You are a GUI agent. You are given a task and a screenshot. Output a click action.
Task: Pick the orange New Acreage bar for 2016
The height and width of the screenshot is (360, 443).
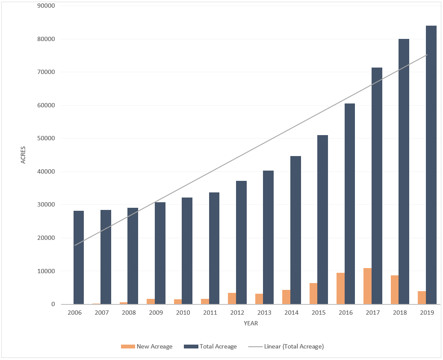(340, 289)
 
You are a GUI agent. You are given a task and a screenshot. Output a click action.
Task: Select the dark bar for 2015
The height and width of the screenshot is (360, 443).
(322, 220)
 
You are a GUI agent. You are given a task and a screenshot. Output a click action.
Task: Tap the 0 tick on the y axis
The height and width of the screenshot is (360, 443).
(53, 304)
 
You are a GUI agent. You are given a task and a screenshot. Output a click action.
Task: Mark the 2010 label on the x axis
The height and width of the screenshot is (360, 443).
(183, 313)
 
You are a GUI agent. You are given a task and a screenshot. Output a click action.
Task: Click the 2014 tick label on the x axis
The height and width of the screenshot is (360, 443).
(291, 313)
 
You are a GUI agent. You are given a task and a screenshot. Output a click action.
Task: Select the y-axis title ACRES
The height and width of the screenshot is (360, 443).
(23, 155)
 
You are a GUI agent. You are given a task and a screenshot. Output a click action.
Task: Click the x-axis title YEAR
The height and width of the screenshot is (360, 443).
(251, 324)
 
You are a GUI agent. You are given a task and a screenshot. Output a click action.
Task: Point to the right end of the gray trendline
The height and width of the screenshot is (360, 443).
(427, 55)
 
